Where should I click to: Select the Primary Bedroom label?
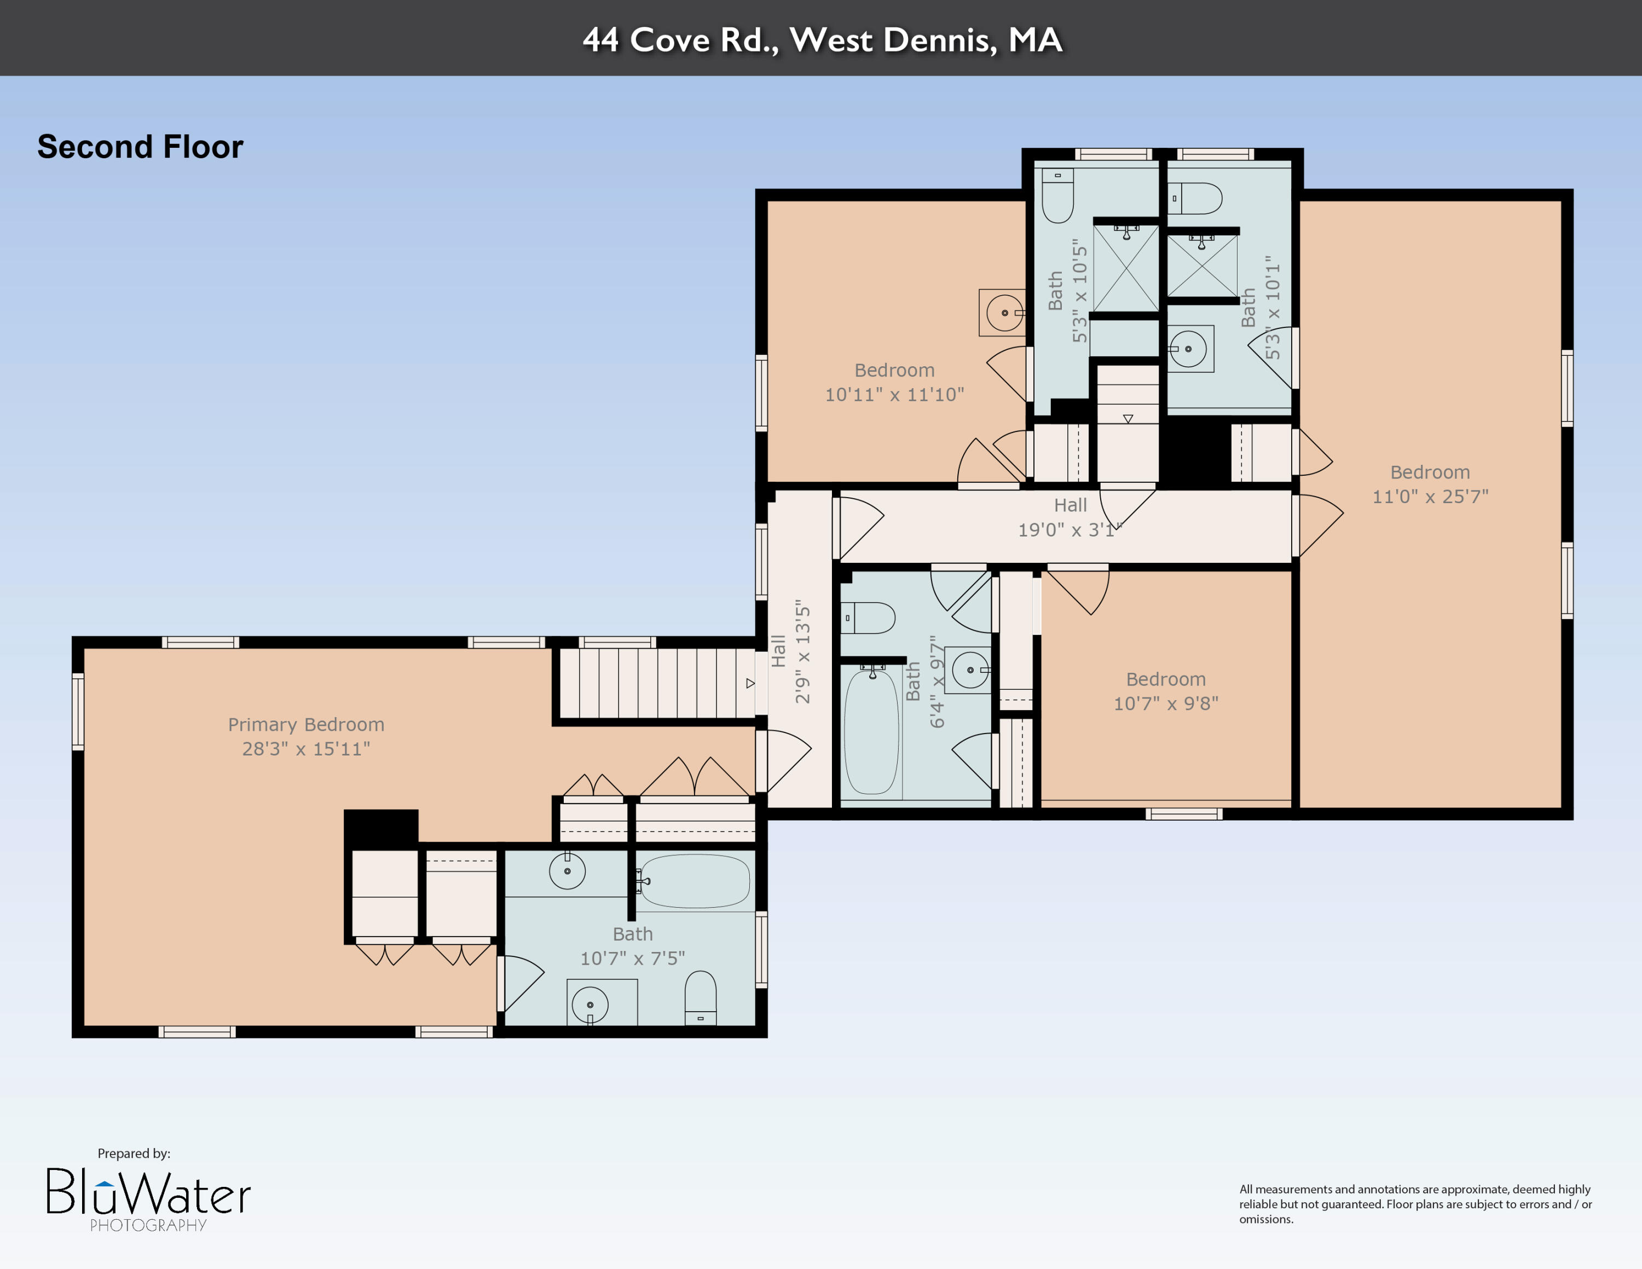click(306, 725)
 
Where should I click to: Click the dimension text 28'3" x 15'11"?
click(306, 749)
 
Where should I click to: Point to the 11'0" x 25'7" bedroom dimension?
click(1430, 496)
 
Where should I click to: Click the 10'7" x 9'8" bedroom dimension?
click(1165, 703)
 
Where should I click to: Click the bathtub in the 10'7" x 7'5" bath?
click(695, 880)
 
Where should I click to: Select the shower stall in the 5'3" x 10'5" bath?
click(1125, 268)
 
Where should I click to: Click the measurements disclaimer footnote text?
click(1415, 1204)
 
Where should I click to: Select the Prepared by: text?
click(134, 1153)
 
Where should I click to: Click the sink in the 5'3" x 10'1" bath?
click(1189, 349)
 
